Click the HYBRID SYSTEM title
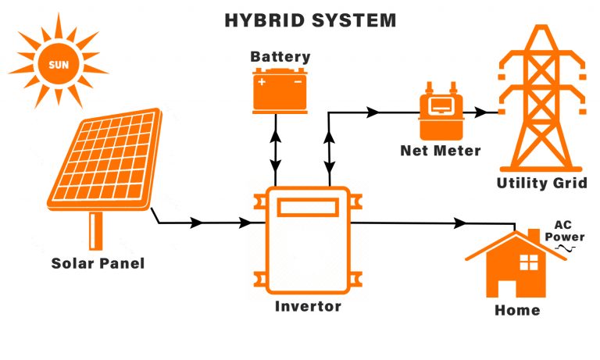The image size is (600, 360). coord(310,20)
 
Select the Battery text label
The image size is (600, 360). coord(280,57)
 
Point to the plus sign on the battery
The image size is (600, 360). coord(262,80)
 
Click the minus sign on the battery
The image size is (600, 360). coord(297,80)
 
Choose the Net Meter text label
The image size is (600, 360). coord(440,150)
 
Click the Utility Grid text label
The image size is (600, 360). coord(541,184)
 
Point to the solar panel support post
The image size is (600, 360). coord(96,230)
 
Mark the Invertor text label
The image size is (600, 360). coord(308,306)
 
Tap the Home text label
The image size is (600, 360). coord(517,310)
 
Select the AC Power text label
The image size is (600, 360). coord(564,230)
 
